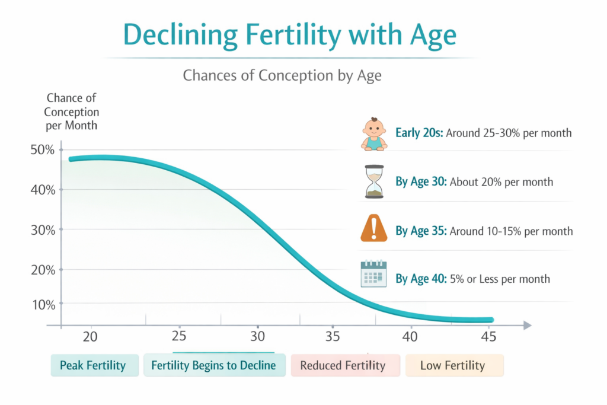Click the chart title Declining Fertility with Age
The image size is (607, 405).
pos(290,36)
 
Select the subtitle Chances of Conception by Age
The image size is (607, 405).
pos(282,76)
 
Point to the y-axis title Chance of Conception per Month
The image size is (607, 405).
pos(72,111)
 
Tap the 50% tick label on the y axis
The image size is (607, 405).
pos(43,150)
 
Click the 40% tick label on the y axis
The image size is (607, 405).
pos(43,190)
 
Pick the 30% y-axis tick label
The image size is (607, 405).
pos(43,229)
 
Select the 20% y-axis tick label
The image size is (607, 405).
pos(43,270)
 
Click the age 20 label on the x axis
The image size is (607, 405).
pos(90,337)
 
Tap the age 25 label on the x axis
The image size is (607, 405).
pos(179,337)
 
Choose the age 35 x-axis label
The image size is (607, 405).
pos(333,337)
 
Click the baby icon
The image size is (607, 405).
pos(373,133)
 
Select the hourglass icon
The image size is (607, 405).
pos(374,181)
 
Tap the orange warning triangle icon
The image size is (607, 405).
pos(373,229)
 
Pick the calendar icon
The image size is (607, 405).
pos(373,275)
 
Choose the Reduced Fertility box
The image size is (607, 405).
pos(343,365)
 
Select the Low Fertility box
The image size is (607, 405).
pos(453,365)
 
